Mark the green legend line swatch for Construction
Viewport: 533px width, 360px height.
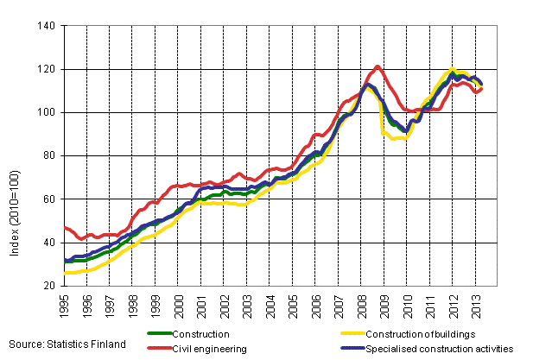click(160, 334)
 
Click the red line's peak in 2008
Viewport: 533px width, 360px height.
click(378, 66)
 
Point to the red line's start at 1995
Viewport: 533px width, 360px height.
click(66, 227)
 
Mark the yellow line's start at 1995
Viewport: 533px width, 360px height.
click(66, 273)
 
